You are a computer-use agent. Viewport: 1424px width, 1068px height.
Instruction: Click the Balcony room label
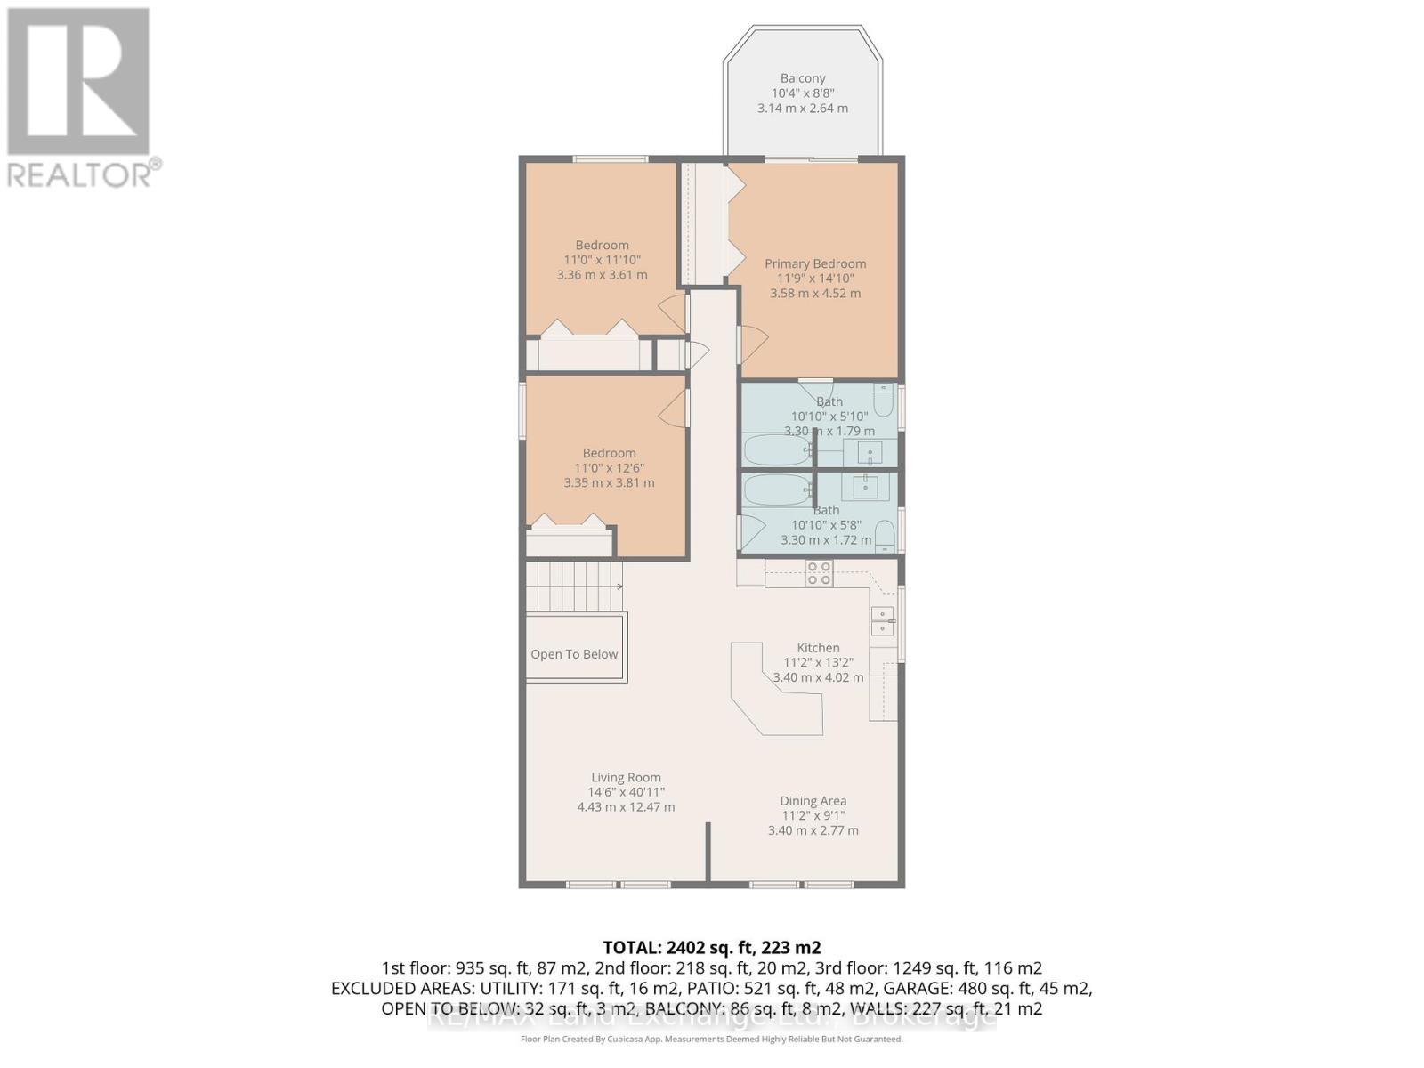point(803,78)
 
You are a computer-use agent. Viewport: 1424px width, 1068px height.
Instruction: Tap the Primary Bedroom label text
point(815,263)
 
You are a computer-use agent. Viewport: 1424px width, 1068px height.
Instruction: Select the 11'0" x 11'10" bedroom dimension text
point(602,260)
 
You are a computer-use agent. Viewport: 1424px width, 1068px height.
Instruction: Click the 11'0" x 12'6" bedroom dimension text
point(609,468)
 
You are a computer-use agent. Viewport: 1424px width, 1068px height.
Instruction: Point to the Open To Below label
point(574,654)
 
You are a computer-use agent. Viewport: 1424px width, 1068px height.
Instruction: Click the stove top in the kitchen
point(819,573)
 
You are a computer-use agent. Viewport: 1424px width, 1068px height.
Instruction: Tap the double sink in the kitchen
point(882,620)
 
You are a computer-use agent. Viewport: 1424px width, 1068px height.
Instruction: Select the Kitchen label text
point(818,648)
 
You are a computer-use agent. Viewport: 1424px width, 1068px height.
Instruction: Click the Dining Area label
point(813,801)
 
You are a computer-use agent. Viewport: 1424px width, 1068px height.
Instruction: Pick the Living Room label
point(626,777)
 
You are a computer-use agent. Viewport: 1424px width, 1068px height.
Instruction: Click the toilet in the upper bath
point(883,401)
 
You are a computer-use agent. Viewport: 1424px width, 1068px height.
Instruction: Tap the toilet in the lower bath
point(884,534)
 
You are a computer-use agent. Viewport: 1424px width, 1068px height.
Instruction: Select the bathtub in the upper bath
point(776,450)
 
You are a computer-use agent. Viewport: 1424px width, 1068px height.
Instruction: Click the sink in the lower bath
point(865,487)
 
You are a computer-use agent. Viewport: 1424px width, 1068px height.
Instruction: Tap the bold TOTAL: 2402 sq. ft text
point(711,947)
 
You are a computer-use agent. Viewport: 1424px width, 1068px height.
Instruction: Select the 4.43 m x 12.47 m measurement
point(626,807)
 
